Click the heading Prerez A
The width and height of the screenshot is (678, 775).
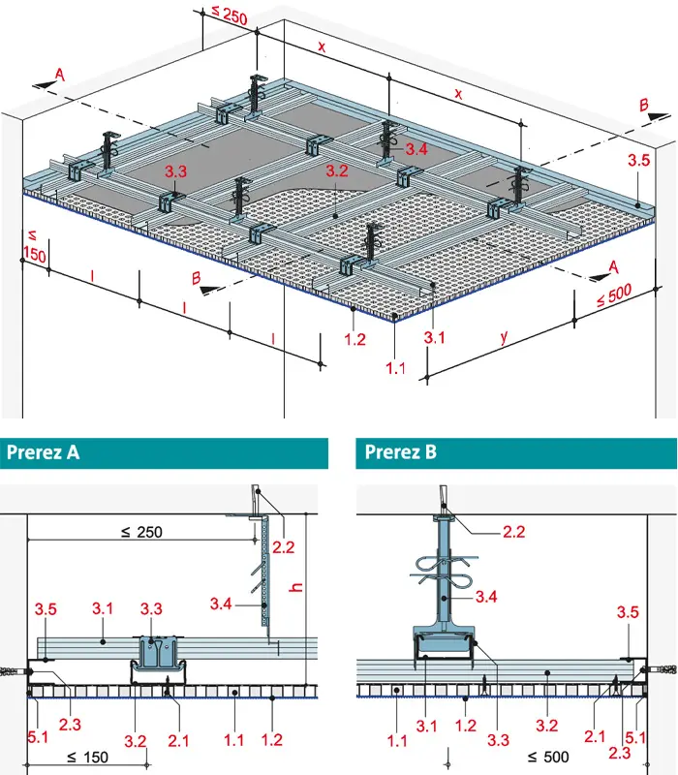tap(43, 452)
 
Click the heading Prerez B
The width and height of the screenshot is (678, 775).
tap(401, 451)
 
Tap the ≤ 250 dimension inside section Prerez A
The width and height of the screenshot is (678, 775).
tap(141, 532)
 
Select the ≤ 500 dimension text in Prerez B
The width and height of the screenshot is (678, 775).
tap(548, 757)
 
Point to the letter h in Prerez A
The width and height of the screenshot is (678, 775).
tap(296, 587)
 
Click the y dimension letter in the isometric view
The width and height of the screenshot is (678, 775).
tap(504, 337)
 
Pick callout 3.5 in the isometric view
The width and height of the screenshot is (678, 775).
tap(638, 160)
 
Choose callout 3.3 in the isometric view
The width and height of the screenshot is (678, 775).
tap(176, 171)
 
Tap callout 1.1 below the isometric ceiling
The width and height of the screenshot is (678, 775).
tap(395, 368)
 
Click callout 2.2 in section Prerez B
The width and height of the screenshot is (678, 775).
tap(514, 532)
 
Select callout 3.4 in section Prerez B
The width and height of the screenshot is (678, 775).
tap(486, 597)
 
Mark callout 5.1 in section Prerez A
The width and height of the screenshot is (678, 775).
tap(38, 737)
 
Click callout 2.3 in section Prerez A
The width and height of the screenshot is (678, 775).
tap(70, 725)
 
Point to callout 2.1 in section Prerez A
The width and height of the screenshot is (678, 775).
tap(178, 740)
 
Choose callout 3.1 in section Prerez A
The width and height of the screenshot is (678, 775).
tap(103, 608)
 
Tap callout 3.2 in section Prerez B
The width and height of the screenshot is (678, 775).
tap(547, 726)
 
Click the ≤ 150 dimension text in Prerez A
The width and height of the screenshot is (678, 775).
tap(87, 757)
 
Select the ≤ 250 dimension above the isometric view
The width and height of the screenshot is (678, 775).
tap(230, 15)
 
